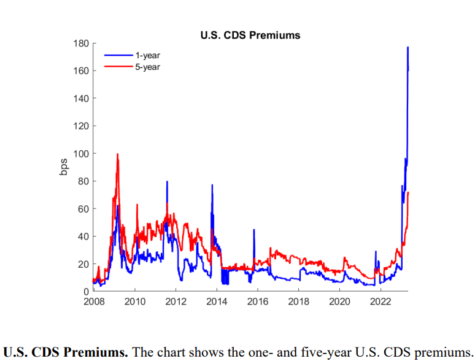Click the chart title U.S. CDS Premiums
point(250,35)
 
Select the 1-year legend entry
point(147,56)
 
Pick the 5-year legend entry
point(147,66)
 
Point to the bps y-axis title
point(64,167)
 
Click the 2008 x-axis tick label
point(93,301)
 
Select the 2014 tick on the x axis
point(217,301)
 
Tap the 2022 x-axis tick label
point(380,301)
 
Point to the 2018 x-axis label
point(298,301)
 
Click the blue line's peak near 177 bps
point(407,48)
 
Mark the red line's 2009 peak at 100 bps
point(117,154)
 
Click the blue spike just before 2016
point(254,230)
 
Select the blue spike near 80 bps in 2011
point(167,182)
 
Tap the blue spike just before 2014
point(212,185)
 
